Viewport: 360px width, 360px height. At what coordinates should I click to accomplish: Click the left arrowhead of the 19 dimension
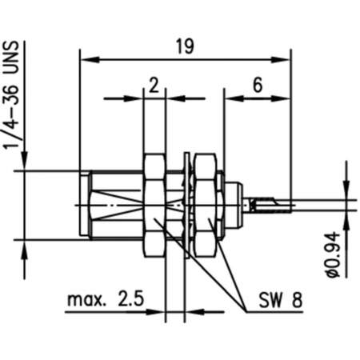[x=86, y=58]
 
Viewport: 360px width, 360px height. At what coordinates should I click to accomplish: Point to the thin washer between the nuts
[x=186, y=204]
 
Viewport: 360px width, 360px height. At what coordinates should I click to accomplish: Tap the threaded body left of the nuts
[x=112, y=204]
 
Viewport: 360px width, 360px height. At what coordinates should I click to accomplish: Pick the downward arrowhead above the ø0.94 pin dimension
[x=346, y=191]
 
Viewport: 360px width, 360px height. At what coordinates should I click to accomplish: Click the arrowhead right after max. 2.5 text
[x=159, y=311]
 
